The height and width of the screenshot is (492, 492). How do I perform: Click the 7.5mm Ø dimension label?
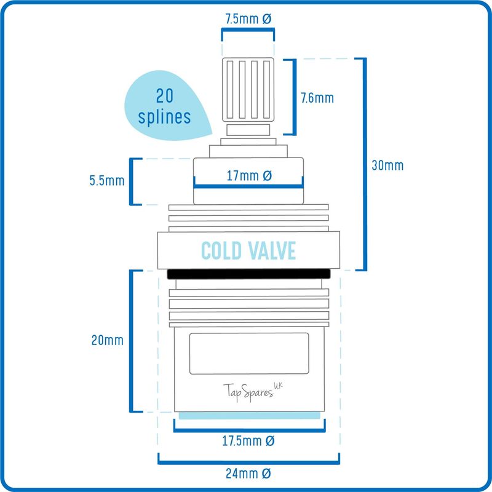pyautogui.click(x=248, y=19)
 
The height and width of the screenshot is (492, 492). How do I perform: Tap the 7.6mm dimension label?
pyautogui.click(x=317, y=98)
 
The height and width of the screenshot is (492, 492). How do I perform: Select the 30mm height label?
pyautogui.click(x=387, y=165)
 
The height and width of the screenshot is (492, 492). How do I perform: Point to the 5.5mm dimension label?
pyautogui.click(x=107, y=180)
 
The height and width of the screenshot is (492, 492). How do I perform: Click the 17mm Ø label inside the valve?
pyautogui.click(x=249, y=176)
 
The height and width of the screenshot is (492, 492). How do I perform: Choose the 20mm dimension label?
pyautogui.click(x=107, y=340)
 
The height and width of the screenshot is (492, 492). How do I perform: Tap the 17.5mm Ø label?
pyautogui.click(x=248, y=441)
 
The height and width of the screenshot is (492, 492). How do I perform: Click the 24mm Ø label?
pyautogui.click(x=248, y=474)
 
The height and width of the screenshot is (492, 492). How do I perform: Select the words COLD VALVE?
pyautogui.click(x=248, y=250)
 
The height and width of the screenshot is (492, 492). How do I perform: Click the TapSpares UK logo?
pyautogui.click(x=253, y=392)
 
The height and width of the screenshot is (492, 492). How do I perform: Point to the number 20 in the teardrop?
pyautogui.click(x=165, y=96)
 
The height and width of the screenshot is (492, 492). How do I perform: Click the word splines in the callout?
pyautogui.click(x=164, y=117)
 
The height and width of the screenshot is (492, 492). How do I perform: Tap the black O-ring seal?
pyautogui.click(x=248, y=274)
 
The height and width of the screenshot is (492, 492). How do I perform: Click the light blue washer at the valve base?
pyautogui.click(x=250, y=416)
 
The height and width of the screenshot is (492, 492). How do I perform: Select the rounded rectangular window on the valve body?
pyautogui.click(x=249, y=353)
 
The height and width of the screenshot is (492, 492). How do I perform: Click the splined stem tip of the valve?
pyautogui.click(x=248, y=90)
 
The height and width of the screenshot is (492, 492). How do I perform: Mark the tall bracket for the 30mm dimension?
pyautogui.click(x=365, y=164)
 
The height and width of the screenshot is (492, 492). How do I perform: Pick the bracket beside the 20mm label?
pyautogui.click(x=132, y=341)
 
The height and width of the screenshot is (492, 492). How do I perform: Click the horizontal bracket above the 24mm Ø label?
pyautogui.click(x=248, y=462)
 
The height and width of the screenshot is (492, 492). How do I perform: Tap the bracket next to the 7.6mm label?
pyautogui.click(x=295, y=97)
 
